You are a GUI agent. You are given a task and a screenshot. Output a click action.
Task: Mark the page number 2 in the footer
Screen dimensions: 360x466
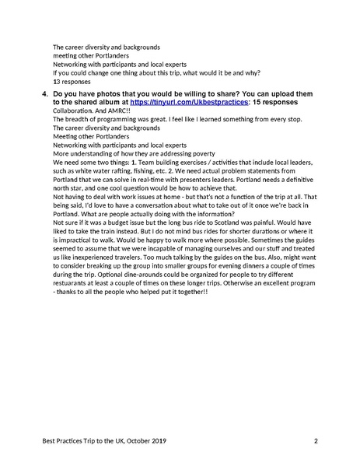pyautogui.click(x=316, y=441)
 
